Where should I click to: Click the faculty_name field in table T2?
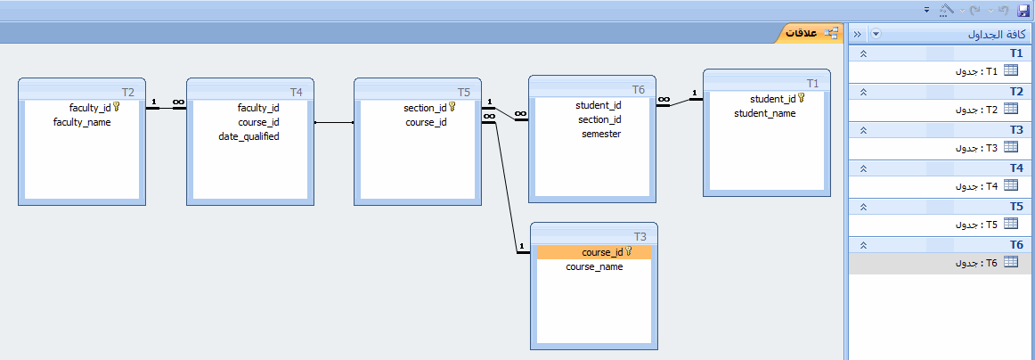point(82,122)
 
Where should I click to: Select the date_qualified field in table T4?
point(249,136)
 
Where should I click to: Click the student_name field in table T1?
point(765,114)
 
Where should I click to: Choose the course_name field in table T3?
point(594,266)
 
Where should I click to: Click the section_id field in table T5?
point(425,108)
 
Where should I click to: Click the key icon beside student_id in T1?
point(802,98)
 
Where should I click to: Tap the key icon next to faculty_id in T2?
point(116,106)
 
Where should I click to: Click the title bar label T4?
point(296,92)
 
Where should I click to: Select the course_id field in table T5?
point(426,122)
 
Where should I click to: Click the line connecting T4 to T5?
point(334,122)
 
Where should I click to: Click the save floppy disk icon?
point(1023,10)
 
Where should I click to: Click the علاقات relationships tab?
point(811,33)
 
